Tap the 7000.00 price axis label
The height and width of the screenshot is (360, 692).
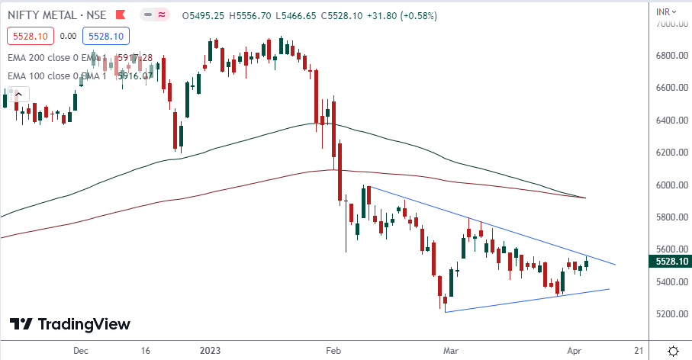click(671, 24)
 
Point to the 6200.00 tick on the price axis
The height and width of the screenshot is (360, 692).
click(671, 153)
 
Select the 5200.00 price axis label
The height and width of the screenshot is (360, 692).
click(671, 313)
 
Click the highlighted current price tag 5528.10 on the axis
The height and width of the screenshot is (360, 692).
click(671, 262)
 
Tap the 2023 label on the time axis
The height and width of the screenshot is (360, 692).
click(210, 351)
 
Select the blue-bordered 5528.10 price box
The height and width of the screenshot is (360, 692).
click(108, 35)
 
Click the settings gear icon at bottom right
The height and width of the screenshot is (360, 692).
click(673, 351)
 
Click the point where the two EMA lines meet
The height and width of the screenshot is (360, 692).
click(585, 198)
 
